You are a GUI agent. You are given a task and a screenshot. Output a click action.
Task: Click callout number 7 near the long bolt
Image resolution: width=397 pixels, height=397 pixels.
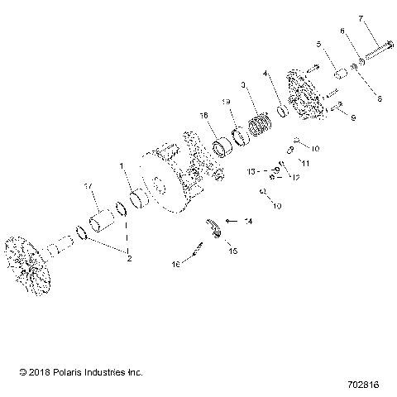click(x=384, y=18)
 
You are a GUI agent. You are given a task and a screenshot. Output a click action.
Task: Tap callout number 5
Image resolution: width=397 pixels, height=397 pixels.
click(x=318, y=44)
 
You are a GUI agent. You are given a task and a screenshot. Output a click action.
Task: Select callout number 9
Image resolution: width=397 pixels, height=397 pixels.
click(x=352, y=118)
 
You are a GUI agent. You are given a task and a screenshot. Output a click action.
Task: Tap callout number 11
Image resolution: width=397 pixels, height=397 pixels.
click(x=305, y=162)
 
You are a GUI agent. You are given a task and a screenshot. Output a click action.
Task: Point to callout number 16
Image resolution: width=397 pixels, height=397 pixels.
click(x=174, y=264)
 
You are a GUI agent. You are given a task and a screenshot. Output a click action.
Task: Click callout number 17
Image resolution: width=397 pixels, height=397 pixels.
click(x=87, y=187)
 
